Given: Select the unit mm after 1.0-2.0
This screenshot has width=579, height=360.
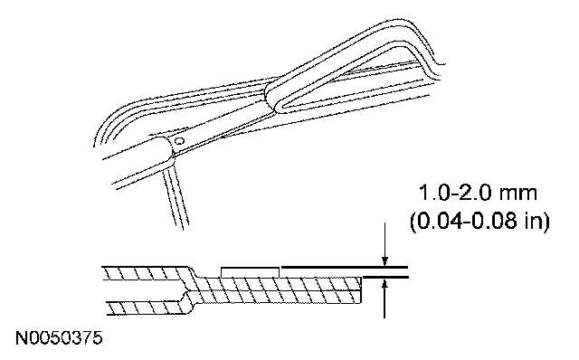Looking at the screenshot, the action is [x=517, y=195].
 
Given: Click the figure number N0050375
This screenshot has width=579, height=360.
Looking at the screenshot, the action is [x=59, y=338].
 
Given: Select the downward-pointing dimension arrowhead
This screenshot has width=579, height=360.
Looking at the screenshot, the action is [x=384, y=261].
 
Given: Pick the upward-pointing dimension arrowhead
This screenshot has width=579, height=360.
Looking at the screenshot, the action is [x=384, y=284].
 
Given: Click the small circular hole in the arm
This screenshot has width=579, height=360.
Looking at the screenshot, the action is [x=179, y=141].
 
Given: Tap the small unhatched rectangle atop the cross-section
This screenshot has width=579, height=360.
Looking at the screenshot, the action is [x=250, y=271].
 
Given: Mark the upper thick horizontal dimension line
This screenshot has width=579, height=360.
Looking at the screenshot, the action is [x=345, y=267].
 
